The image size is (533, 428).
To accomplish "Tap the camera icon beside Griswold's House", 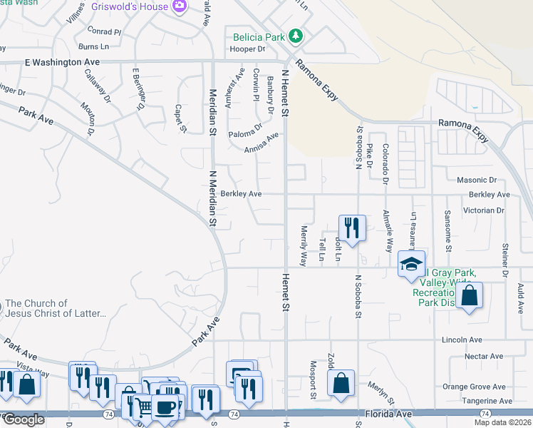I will point(180,7).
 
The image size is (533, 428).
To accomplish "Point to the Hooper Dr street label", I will point(247,49).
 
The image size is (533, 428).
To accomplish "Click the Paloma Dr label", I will point(246,134).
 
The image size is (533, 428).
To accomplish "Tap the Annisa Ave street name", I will point(261,144).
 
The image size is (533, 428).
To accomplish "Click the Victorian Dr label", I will point(484,210).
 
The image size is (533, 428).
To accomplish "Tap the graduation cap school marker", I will point(411,263).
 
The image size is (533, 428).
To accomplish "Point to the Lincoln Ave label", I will point(462,340).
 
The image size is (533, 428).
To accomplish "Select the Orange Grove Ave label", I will point(474,387).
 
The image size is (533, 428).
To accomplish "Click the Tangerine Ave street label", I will point(486,401).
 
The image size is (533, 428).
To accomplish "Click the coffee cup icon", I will point(165,406).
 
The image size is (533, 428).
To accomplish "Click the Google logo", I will point(24,419).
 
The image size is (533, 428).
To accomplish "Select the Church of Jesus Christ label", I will point(55,308).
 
